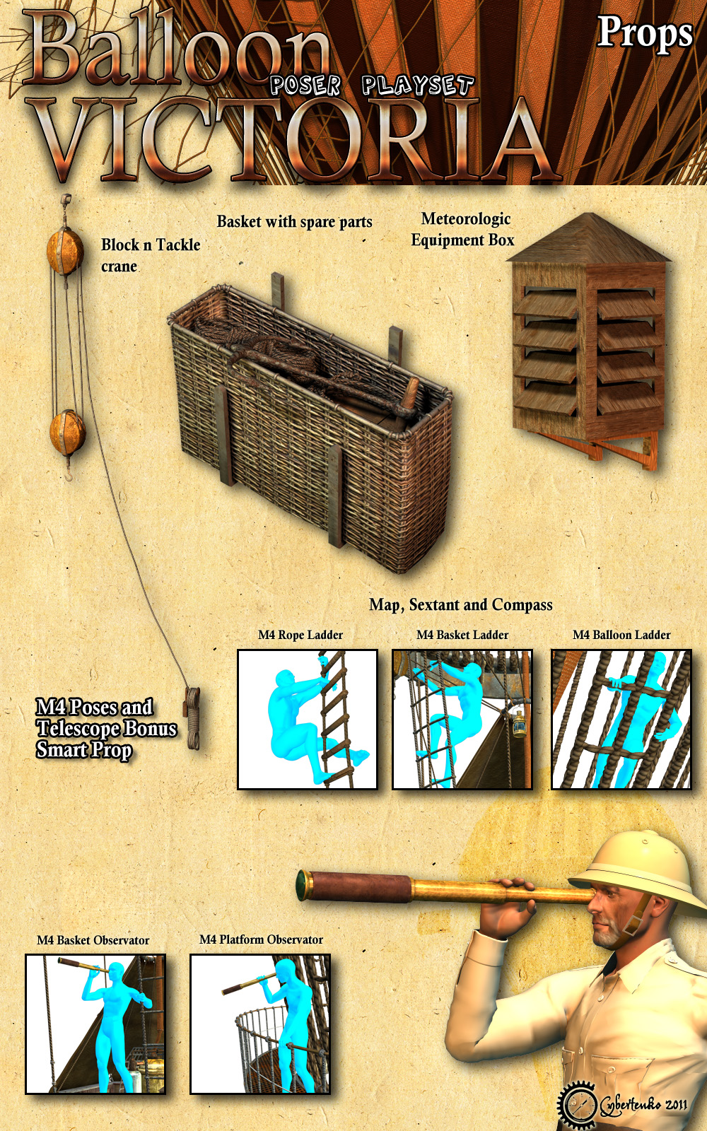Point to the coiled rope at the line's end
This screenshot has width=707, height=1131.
pyautogui.click(x=192, y=717)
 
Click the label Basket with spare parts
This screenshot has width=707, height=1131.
pyautogui.click(x=294, y=222)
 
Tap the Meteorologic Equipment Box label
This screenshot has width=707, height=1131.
pyautogui.click(x=463, y=230)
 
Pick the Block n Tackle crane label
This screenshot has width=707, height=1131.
pyautogui.click(x=151, y=255)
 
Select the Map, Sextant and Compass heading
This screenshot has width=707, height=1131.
pyautogui.click(x=460, y=605)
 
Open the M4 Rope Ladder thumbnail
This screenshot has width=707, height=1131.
pyautogui.click(x=308, y=720)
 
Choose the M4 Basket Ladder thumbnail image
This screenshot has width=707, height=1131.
pyautogui.click(x=462, y=720)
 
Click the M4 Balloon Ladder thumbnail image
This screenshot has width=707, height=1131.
pyautogui.click(x=621, y=720)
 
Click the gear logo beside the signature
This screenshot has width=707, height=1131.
pyautogui.click(x=578, y=1105)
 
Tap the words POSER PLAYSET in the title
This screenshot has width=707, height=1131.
pyautogui.click(x=372, y=86)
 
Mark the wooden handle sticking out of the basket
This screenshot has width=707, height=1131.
pyautogui.click(x=409, y=397)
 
